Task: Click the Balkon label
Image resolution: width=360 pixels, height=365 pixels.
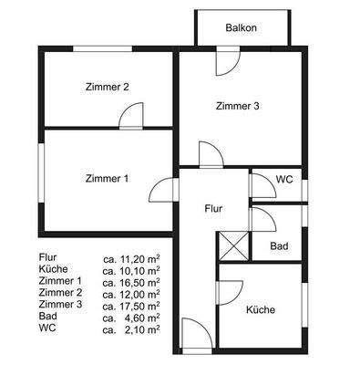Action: point(241,28)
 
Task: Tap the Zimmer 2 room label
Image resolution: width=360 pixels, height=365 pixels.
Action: point(106,88)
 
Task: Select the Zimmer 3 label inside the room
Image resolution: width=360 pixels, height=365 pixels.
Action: point(238,107)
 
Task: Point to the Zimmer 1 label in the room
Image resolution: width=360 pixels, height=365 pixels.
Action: point(106,178)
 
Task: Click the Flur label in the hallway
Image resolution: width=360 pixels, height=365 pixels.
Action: point(212,209)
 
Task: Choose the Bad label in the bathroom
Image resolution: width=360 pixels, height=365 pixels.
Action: point(281,246)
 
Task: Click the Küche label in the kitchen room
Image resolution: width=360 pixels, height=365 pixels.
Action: point(261,310)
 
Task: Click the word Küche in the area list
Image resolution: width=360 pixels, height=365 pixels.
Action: point(54,270)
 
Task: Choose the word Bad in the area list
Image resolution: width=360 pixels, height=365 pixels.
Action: point(48,317)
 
